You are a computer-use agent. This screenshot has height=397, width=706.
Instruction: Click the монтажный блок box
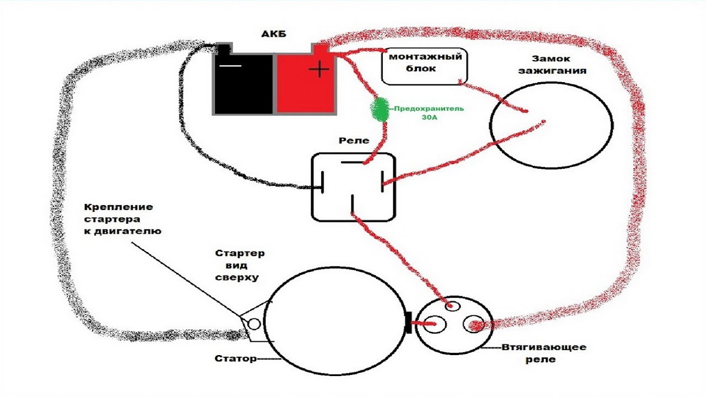(425, 66)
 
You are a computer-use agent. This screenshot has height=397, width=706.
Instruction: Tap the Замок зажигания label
(558, 65)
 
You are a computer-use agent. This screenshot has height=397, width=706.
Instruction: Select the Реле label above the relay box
(354, 141)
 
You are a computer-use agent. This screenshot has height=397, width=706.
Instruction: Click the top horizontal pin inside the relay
(352, 163)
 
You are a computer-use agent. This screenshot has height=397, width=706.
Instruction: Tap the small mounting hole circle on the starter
(254, 324)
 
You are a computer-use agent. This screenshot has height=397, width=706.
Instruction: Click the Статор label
(236, 359)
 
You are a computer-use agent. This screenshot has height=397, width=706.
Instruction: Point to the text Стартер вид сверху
(239, 265)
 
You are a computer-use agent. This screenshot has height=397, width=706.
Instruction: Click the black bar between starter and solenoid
(408, 323)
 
